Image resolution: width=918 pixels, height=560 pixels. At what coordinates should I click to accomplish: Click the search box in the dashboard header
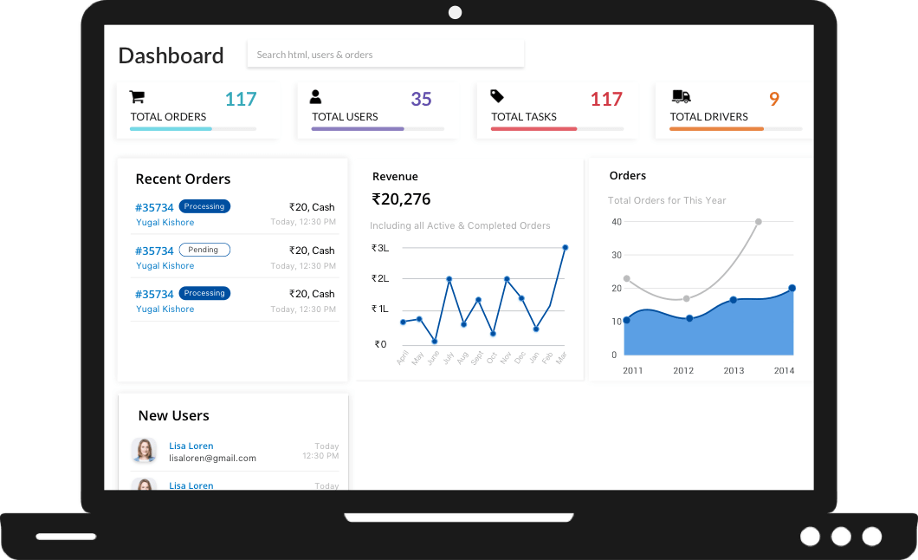[385, 55]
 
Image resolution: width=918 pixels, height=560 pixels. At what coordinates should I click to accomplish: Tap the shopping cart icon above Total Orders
[137, 97]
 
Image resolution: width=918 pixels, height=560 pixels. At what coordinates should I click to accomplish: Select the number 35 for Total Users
[421, 99]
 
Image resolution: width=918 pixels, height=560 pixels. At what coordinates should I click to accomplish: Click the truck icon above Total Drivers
[681, 96]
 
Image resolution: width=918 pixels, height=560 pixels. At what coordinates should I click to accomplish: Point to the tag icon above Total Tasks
[497, 96]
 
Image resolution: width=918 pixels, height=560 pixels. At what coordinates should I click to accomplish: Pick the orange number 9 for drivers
[774, 99]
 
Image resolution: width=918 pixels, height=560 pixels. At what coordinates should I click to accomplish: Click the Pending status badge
[204, 250]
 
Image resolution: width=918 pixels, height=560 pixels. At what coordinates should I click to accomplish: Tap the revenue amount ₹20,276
[401, 199]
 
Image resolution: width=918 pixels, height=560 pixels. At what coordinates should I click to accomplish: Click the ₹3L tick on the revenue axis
[380, 248]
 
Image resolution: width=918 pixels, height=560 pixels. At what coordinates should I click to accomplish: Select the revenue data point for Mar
[565, 248]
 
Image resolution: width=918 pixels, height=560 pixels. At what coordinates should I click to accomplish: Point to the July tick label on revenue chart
[448, 356]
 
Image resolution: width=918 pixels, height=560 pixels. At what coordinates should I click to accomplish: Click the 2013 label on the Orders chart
[734, 370]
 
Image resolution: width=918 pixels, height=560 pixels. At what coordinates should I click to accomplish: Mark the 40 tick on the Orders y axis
[617, 222]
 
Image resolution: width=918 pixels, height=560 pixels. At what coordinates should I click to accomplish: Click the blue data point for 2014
[792, 288]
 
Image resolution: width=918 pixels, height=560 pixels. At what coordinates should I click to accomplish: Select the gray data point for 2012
[687, 299]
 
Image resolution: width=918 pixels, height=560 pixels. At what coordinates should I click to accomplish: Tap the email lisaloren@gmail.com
[212, 458]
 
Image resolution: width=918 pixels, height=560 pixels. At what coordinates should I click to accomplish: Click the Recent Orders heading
[183, 179]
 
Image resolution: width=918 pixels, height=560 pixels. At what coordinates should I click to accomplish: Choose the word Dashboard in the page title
[171, 55]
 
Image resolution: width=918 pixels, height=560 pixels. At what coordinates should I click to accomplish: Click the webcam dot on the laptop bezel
[455, 12]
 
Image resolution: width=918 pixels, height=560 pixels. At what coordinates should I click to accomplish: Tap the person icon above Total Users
[316, 97]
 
